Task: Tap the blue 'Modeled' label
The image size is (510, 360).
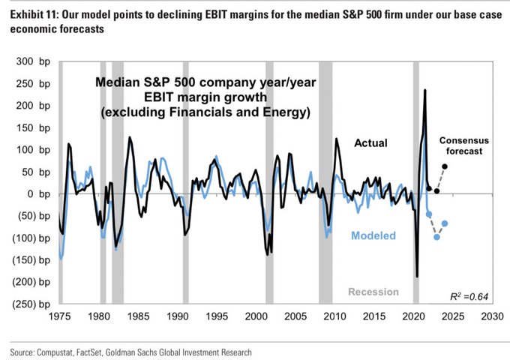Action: tap(374, 235)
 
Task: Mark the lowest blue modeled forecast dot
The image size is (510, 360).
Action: tap(436, 237)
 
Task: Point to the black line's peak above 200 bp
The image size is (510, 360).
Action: tap(425, 91)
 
